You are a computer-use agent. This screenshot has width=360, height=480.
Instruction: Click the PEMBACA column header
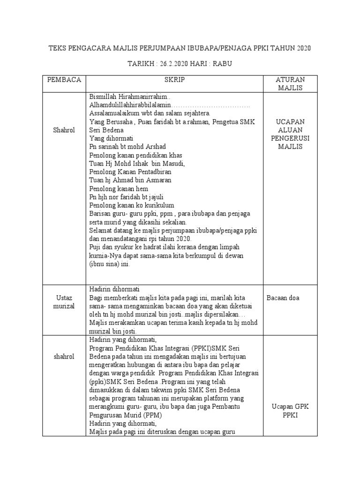[x=64, y=80]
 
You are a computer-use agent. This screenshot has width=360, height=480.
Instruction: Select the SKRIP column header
[x=174, y=80]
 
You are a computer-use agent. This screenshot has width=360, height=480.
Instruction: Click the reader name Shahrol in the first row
[x=64, y=130]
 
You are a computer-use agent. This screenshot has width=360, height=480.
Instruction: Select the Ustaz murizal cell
[x=64, y=302]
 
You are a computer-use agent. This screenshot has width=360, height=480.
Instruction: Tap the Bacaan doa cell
[x=283, y=298]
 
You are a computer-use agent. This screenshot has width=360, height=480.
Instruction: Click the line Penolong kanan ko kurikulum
[x=132, y=205]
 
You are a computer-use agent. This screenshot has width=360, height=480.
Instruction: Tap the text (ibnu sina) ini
[x=109, y=264]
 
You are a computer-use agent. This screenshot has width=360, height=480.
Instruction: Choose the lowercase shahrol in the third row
[x=64, y=357]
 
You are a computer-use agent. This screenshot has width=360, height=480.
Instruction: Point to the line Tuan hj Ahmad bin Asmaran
[x=130, y=180]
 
